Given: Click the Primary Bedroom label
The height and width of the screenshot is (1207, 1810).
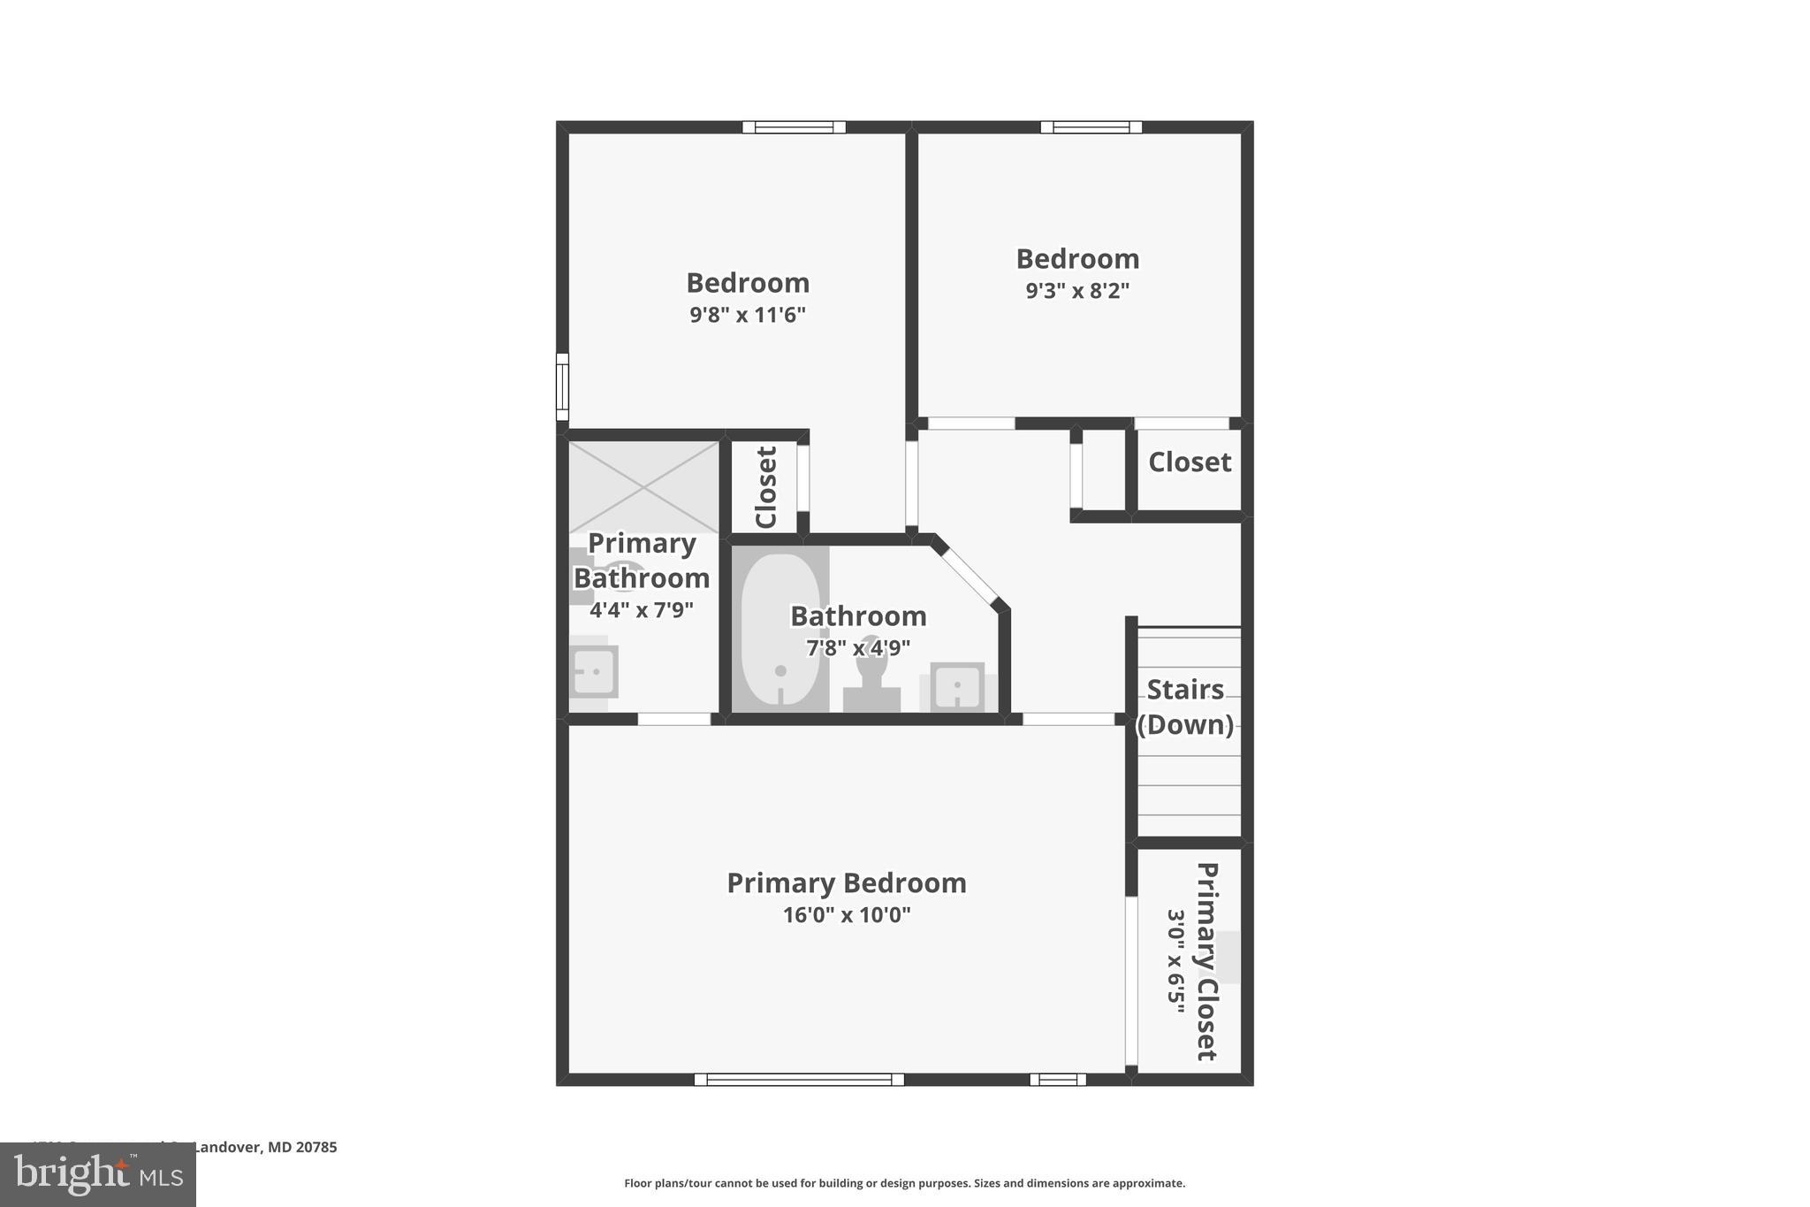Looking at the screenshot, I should click(x=846, y=882).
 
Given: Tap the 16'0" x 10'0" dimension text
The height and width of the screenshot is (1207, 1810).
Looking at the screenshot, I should click(x=846, y=915).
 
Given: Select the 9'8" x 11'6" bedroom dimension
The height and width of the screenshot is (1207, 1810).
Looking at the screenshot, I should click(x=747, y=315).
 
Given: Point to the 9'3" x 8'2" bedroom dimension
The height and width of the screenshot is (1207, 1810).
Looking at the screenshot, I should click(x=1076, y=291).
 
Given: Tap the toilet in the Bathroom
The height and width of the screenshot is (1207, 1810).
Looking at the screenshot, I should click(x=871, y=676).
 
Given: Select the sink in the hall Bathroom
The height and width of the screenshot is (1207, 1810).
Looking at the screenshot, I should click(x=956, y=686).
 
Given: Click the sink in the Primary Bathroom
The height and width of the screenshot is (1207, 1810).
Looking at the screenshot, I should click(x=593, y=672).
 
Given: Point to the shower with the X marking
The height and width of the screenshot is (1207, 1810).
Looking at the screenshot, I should click(x=643, y=486).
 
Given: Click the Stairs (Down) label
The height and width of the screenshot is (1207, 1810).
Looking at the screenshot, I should click(x=1184, y=707).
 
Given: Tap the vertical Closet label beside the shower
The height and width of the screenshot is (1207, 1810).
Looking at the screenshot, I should click(x=765, y=487).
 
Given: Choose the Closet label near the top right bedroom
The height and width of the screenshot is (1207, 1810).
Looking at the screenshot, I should click(x=1189, y=462).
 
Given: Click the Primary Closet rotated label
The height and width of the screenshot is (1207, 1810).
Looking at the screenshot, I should click(x=1206, y=961).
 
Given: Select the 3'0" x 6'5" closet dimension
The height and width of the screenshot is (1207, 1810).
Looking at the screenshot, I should click(x=1175, y=961).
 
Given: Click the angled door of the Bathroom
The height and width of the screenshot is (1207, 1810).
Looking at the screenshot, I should click(x=970, y=575).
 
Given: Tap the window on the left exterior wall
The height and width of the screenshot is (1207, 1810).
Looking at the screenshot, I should click(x=562, y=386).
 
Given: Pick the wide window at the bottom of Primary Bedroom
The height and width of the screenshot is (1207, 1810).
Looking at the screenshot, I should click(x=799, y=1079).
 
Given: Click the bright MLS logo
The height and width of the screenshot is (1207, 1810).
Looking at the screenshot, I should click(x=98, y=1175).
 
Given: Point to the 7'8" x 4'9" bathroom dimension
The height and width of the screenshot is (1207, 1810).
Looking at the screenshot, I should click(x=857, y=648).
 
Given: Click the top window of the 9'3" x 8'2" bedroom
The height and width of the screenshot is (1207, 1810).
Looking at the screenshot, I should click(x=1091, y=127).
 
